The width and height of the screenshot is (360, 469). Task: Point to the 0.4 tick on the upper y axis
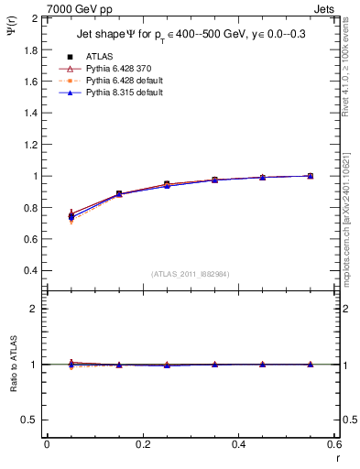(x=31, y=271)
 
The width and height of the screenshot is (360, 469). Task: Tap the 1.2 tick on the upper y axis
(x=31, y=145)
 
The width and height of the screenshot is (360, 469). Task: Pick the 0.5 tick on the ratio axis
(x=31, y=420)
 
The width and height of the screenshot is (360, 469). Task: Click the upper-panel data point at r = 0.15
(x=119, y=194)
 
